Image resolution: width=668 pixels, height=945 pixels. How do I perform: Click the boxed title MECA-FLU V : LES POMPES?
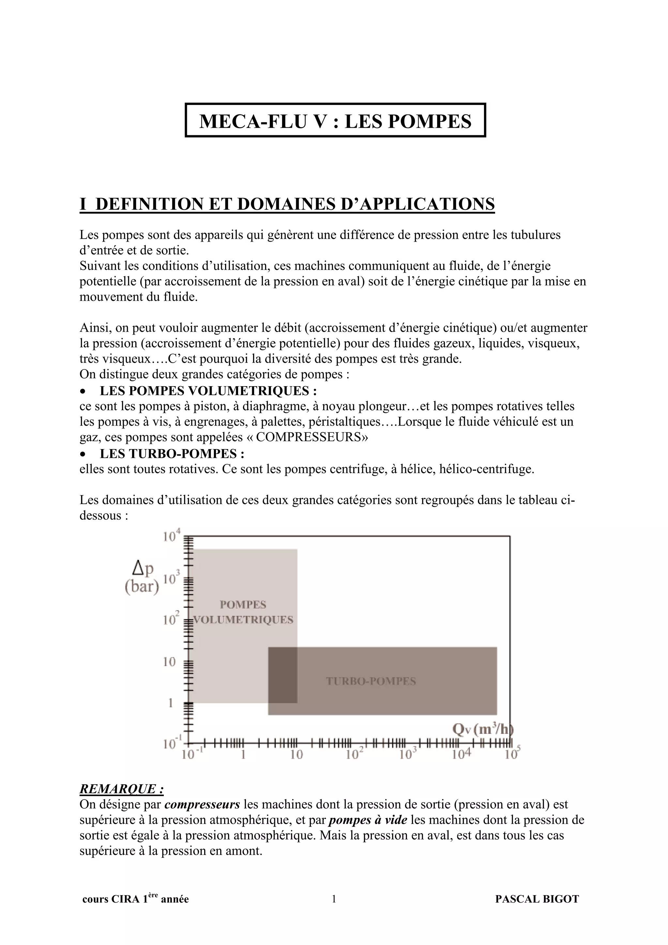pos(335,121)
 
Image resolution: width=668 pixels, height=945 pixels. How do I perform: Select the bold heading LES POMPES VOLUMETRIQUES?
pos(208,390)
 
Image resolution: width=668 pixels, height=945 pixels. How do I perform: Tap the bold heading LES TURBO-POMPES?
pos(172,453)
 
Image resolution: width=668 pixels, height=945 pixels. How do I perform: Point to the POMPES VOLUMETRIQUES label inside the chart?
pos(243,612)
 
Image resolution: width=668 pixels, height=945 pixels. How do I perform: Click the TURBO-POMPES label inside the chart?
pos(371,681)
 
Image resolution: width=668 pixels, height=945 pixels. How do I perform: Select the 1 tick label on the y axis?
pos(170,703)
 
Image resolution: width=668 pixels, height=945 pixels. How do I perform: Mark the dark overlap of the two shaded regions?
pos(282,675)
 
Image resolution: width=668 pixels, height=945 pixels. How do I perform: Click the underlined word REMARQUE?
pos(121,789)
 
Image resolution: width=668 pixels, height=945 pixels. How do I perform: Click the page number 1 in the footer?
pos(334,899)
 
